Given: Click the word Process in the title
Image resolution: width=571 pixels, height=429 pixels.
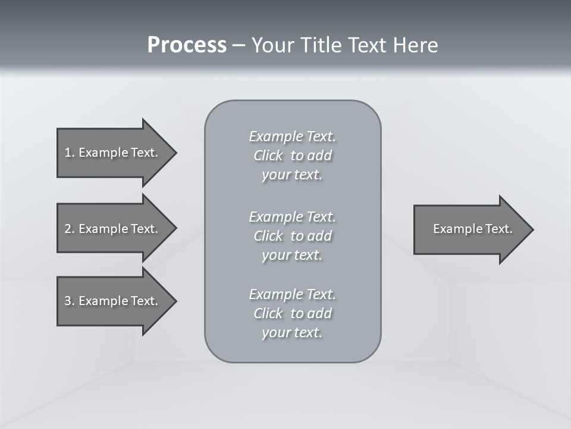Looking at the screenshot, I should tap(187, 45).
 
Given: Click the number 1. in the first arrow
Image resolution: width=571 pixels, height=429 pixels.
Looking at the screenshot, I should tap(70, 153).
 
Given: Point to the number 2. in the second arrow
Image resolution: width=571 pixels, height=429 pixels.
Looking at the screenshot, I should tap(70, 229).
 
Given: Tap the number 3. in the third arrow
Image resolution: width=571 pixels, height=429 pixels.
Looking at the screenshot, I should tap(70, 301).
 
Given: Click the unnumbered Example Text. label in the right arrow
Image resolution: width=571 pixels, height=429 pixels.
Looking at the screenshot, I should tap(472, 229).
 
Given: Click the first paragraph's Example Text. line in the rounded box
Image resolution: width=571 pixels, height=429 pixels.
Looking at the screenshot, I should tap(292, 136).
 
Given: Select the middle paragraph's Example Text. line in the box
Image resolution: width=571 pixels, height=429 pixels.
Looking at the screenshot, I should tap(292, 216).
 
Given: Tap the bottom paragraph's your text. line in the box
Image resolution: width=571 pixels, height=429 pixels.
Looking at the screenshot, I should tap(292, 332).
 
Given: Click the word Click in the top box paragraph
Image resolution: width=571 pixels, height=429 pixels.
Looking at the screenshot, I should tap(268, 156).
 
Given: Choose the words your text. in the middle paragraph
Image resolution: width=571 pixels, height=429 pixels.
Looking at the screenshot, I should tap(292, 255).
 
